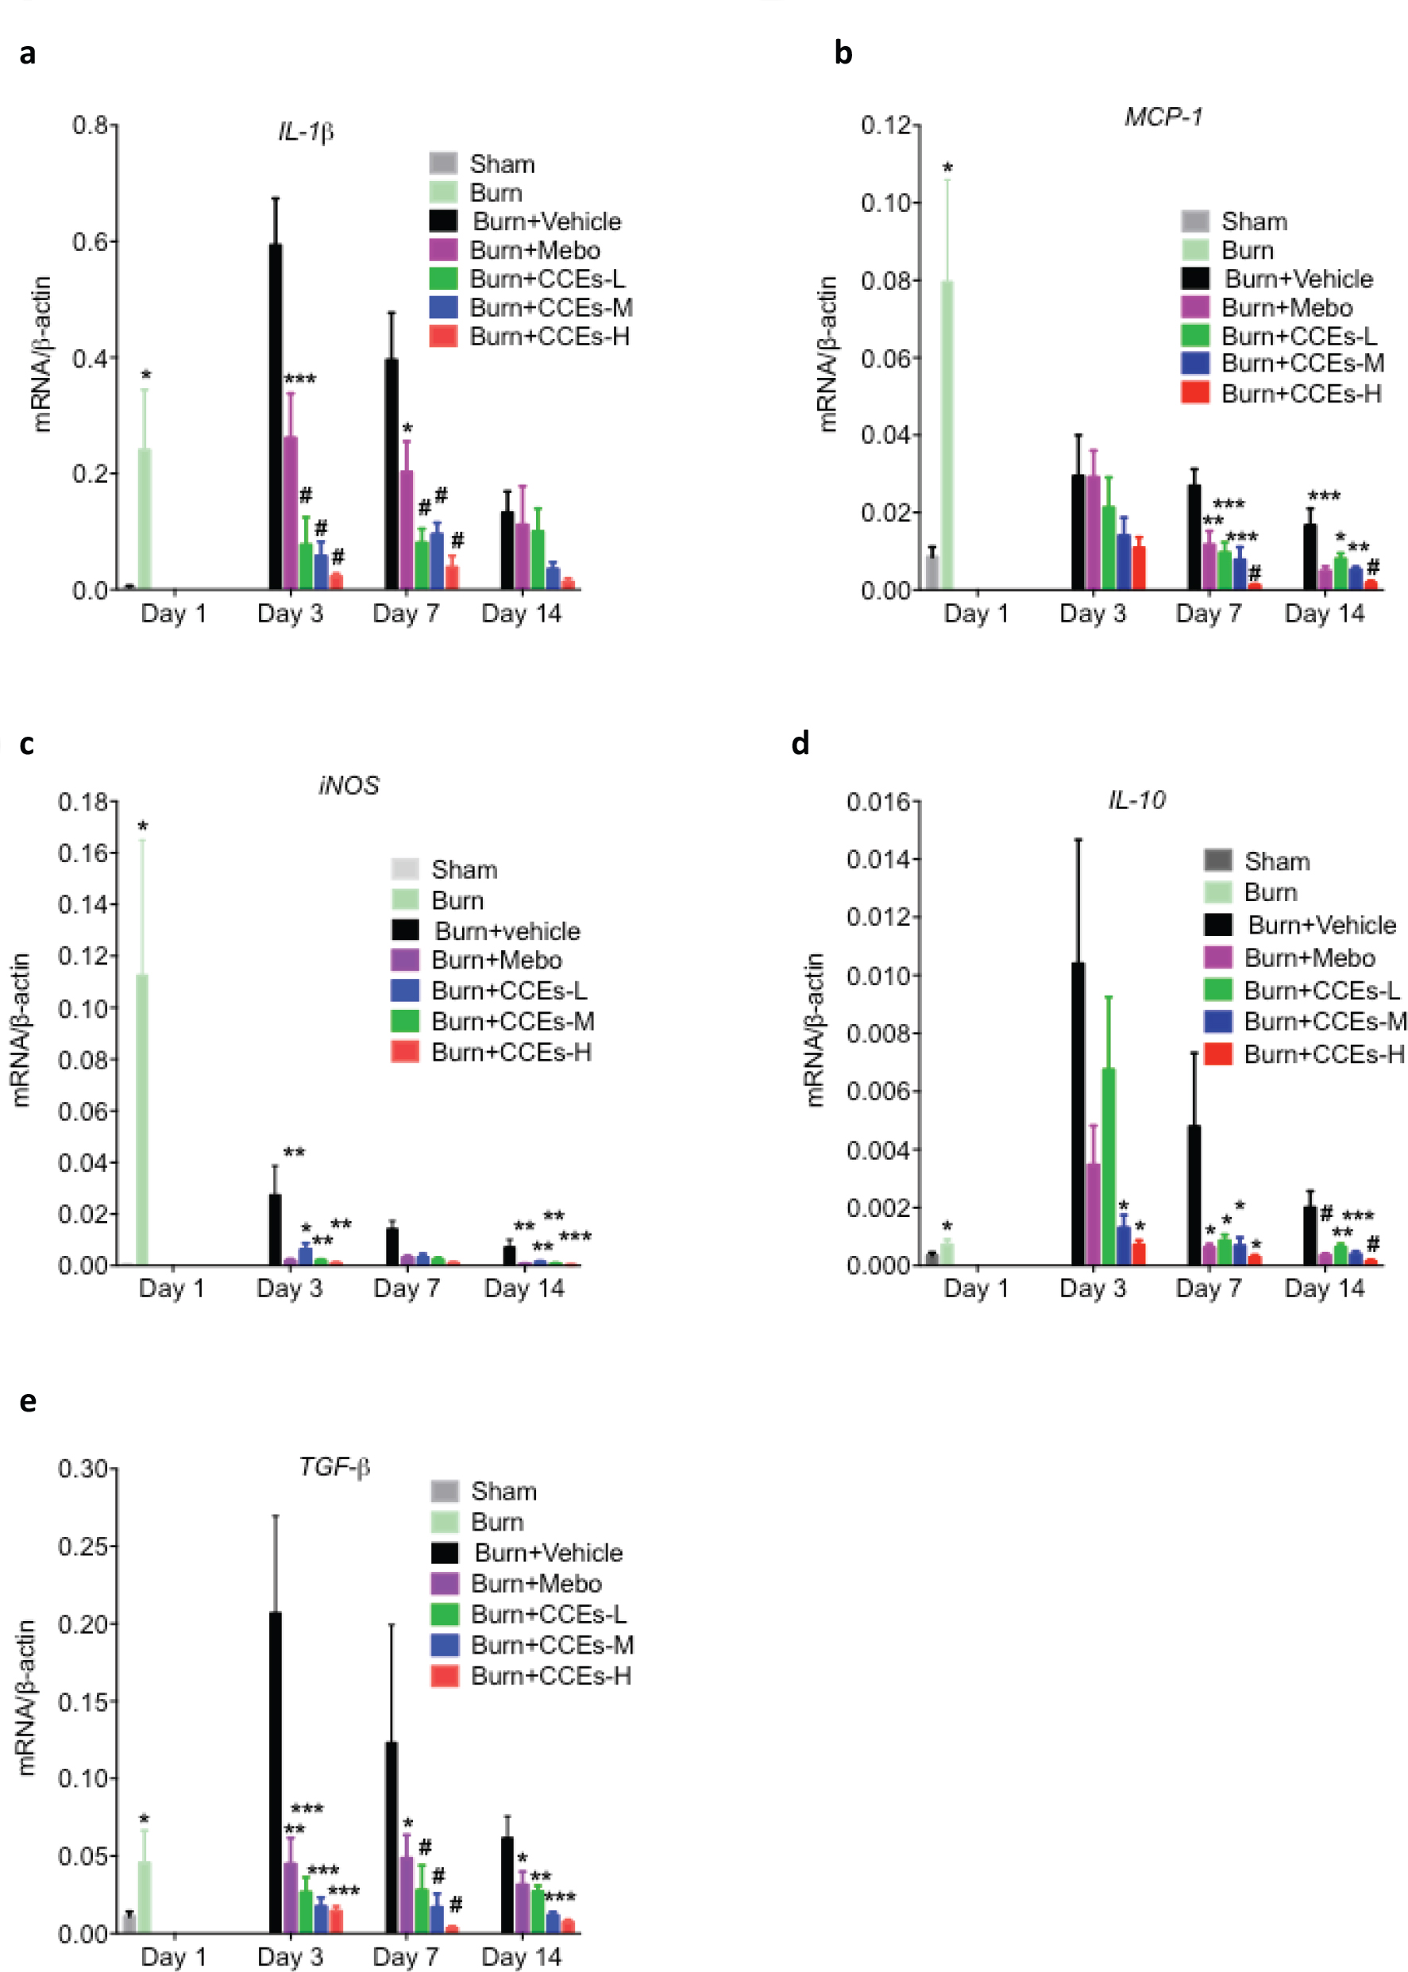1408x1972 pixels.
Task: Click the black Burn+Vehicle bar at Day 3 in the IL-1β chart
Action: (x=275, y=416)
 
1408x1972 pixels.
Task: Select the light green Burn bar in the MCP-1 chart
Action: (x=947, y=433)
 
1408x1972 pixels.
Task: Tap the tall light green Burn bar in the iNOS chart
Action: (x=142, y=1119)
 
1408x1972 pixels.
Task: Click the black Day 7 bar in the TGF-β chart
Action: (x=391, y=1837)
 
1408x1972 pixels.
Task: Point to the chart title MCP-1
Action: (x=1163, y=117)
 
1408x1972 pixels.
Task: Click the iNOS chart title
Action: (x=349, y=785)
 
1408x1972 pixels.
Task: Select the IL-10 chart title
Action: (x=1136, y=800)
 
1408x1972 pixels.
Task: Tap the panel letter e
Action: (x=28, y=1402)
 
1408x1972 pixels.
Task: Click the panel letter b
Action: (x=843, y=53)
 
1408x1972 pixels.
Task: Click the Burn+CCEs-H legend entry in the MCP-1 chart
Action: (x=1301, y=394)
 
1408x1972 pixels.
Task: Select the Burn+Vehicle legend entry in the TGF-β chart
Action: (x=548, y=1553)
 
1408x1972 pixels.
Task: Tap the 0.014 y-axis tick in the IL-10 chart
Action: (x=878, y=859)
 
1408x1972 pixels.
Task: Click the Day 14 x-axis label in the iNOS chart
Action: (x=523, y=1288)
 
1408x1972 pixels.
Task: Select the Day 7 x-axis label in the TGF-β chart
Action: (x=406, y=1956)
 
